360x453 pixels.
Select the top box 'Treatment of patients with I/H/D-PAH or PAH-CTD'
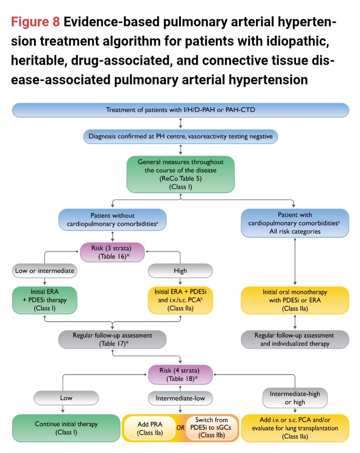181,110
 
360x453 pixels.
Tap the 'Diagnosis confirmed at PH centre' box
181,137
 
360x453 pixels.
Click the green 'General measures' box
181,174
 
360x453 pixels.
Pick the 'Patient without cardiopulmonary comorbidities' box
113,219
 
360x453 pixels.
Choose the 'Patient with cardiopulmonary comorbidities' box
294,223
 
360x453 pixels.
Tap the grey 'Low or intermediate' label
45,271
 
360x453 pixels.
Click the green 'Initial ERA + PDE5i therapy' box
45,300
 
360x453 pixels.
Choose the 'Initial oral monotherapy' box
294,300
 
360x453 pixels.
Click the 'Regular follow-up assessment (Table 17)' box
113,339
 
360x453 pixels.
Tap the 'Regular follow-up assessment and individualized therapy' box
294,339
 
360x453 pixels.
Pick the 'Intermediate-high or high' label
294,398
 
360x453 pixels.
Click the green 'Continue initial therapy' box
66,428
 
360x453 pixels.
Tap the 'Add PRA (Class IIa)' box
151,428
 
